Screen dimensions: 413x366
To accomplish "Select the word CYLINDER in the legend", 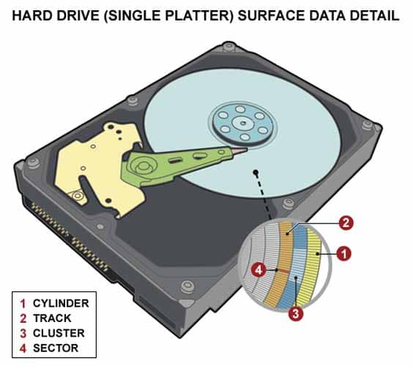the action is pos(61,303).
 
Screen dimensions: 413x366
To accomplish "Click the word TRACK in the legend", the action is pos(52,318).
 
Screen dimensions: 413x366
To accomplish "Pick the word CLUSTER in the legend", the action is pos(59,333).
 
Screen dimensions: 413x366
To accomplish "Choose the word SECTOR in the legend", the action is pos(56,348).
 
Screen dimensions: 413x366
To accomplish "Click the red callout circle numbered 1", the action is pos(343,254).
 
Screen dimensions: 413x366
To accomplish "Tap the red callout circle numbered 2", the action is pos(346,223).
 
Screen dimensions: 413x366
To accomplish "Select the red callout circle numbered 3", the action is pos(296,313).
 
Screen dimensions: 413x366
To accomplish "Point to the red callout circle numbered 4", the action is pos(258,270).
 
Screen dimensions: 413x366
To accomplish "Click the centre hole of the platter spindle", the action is pos(243,123).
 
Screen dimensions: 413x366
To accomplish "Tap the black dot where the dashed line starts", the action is pos(256,173).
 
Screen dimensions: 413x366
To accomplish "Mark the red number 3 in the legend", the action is pos(23,334).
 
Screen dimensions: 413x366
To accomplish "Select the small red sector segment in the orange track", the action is pos(284,270).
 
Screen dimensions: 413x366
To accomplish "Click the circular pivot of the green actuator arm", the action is pos(143,166).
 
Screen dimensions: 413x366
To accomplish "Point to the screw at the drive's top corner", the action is pos(229,47).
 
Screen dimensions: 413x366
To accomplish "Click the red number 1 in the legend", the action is pos(23,304).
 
